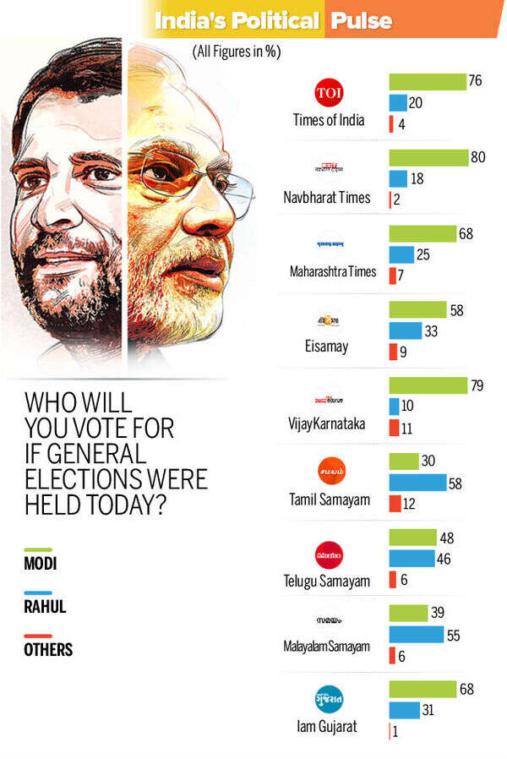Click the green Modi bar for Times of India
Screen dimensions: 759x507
(x=427, y=82)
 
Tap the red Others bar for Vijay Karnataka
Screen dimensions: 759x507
(x=393, y=428)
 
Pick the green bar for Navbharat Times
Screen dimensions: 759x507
(x=428, y=158)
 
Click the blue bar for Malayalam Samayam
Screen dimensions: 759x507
(x=416, y=634)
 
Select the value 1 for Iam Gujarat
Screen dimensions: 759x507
(x=395, y=732)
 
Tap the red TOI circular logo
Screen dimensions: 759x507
(x=329, y=92)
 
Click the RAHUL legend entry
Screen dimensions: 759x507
(x=46, y=607)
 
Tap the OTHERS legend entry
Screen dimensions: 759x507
(x=48, y=650)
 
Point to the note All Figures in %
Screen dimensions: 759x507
(x=236, y=52)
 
